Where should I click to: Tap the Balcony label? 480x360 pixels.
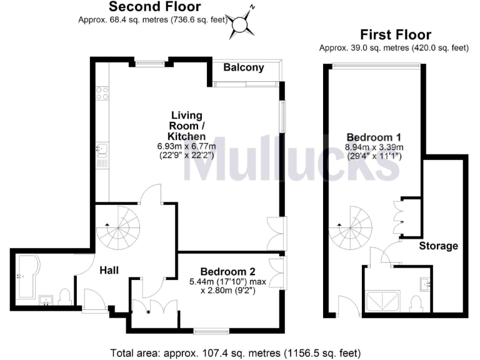pos(244,67)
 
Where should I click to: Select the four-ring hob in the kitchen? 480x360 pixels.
pos(102,94)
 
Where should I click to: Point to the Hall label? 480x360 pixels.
pos(109,270)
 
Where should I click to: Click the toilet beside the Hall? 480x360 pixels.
pos(64,296)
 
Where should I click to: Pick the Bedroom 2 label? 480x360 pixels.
pos(227,271)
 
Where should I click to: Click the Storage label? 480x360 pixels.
pos(438,246)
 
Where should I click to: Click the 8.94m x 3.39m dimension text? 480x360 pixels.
pos(374,147)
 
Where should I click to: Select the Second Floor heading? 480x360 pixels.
pos(155,7)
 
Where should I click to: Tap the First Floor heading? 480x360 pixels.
pos(395,35)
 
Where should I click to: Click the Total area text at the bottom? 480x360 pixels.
pos(236,352)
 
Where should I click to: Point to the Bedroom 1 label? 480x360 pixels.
pos(374,137)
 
